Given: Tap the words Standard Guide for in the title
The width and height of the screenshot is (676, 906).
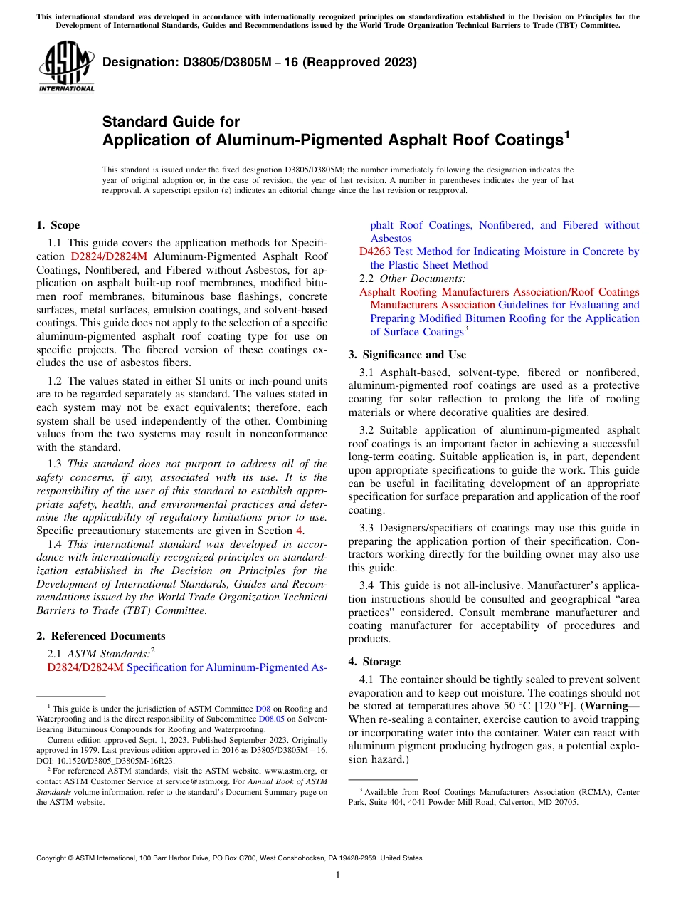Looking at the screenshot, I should click(171, 122).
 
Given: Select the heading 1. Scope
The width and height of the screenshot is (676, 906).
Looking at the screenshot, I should click(58, 225).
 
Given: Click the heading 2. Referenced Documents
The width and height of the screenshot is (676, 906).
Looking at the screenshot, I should click(100, 636).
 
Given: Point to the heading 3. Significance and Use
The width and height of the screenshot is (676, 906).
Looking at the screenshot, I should click(407, 355).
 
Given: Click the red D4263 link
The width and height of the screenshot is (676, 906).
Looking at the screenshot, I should click(374, 251).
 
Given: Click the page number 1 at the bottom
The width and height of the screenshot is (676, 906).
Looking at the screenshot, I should click(338, 875).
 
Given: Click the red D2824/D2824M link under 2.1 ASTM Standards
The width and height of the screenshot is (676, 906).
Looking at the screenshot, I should click(85, 667).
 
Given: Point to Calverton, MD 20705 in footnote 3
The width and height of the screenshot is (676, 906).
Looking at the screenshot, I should click(538, 802).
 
